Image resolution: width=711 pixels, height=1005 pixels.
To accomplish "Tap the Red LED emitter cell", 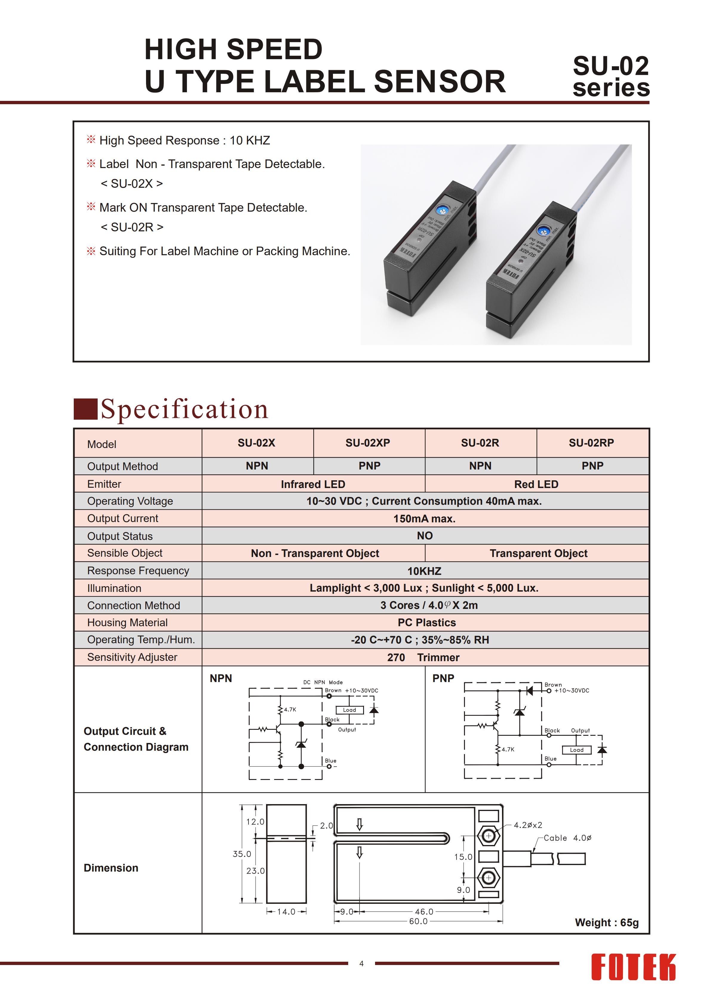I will [x=536, y=484].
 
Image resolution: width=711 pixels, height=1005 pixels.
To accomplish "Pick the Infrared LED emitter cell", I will [x=313, y=484].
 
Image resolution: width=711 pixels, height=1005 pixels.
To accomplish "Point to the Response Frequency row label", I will [x=138, y=571].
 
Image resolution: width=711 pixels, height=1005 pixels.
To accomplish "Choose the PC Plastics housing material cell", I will [x=426, y=622].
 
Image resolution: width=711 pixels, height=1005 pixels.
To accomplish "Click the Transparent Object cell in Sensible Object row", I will [x=538, y=553].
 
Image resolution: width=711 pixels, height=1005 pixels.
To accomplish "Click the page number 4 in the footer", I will [x=361, y=964].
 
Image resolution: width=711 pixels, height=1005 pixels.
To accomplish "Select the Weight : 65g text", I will [x=606, y=922].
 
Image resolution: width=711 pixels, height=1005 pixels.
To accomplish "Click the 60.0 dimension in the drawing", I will [x=418, y=921].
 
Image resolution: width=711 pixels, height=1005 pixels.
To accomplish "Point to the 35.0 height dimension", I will [x=242, y=854].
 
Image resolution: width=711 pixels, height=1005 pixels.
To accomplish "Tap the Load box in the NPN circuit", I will [x=349, y=710].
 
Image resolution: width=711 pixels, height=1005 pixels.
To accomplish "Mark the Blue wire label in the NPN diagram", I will [x=331, y=761].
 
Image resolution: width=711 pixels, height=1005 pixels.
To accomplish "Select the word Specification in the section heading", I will [x=184, y=409].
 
